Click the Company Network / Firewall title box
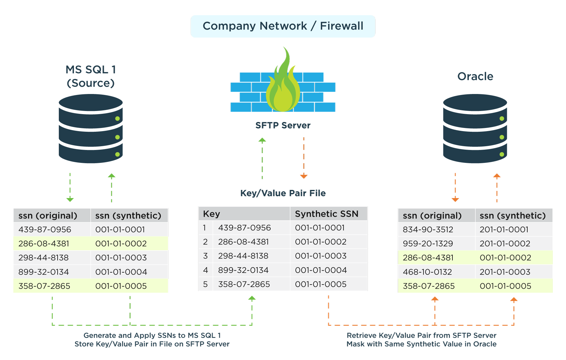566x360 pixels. pos(283,26)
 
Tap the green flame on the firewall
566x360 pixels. pos(283,85)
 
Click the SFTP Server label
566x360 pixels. pos(283,125)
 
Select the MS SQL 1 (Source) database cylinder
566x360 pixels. pos(91,129)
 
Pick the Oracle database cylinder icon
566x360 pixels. pos(475,129)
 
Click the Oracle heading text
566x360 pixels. pos(475,76)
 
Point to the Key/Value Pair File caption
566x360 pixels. pos(283,193)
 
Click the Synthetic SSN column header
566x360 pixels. pos(326,214)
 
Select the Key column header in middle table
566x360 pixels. pos(212,214)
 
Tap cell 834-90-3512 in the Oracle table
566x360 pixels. pos(428,230)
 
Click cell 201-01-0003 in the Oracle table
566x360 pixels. pos(505,272)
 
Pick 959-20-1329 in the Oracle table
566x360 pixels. pos(428,244)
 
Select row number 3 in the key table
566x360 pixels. pos(205,256)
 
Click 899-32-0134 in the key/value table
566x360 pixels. pos(243,270)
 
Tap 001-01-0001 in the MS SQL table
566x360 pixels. pos(120,230)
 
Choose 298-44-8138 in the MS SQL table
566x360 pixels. pos(43,258)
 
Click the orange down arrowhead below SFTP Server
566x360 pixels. pos(304,176)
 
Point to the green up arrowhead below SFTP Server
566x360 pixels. pos(262,140)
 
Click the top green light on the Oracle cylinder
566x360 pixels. pos(502,119)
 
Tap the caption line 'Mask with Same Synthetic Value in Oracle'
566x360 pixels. pos(421,344)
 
